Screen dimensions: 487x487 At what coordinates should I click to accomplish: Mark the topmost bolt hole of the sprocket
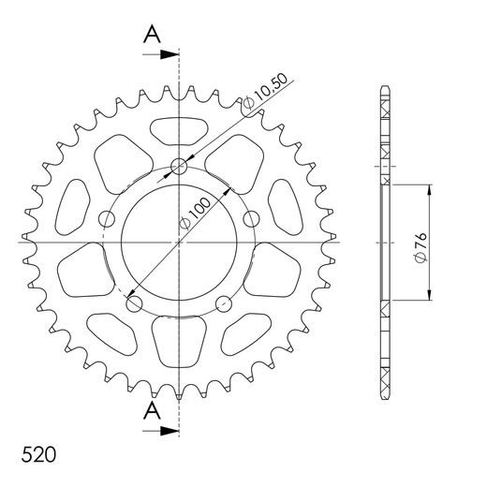(x=180, y=169)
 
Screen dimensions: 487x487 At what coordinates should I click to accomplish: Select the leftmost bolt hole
(x=108, y=220)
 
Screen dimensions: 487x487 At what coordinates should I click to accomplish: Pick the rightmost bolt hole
(x=250, y=219)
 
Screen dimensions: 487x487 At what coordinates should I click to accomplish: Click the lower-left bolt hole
(x=134, y=303)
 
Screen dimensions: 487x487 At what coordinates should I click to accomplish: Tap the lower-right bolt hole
(x=223, y=303)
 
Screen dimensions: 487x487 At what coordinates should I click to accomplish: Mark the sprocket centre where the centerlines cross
(x=179, y=242)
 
